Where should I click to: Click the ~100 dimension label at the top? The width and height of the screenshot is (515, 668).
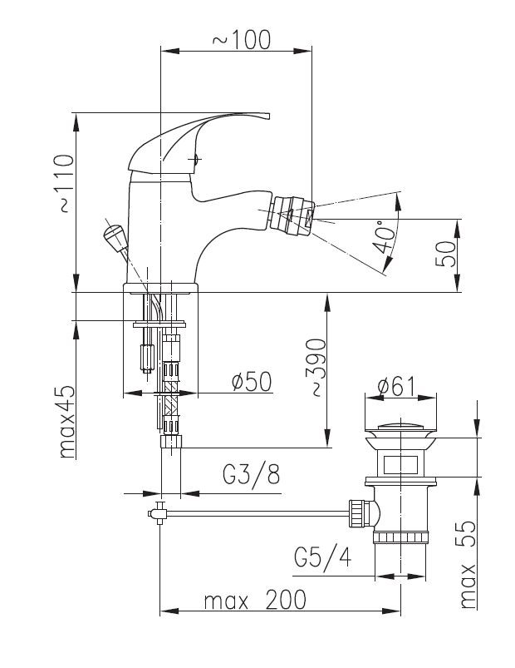[x=242, y=40]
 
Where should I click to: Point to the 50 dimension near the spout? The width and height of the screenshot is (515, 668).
[x=445, y=254]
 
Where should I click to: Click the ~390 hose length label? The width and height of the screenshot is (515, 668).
[x=316, y=367]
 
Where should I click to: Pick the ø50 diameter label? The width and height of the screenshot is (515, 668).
[x=252, y=381]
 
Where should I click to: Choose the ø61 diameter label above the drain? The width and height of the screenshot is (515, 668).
[x=396, y=387]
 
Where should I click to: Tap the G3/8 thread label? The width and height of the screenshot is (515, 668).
[x=252, y=473]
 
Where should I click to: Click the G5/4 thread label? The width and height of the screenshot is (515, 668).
[x=323, y=557]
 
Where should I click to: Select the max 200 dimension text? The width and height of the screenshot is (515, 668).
[x=255, y=600]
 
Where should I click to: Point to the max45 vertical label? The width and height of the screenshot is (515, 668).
[x=66, y=422]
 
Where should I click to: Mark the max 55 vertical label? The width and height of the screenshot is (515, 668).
[x=468, y=564]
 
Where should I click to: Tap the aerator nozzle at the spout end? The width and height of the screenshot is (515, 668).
[x=293, y=215]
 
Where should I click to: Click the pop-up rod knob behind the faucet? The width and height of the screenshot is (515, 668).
[x=114, y=238]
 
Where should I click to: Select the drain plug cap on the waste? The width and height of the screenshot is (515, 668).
[x=400, y=427]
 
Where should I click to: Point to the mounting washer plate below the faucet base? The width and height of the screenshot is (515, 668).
[x=159, y=324]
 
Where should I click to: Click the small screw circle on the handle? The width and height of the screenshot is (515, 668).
[x=196, y=161]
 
